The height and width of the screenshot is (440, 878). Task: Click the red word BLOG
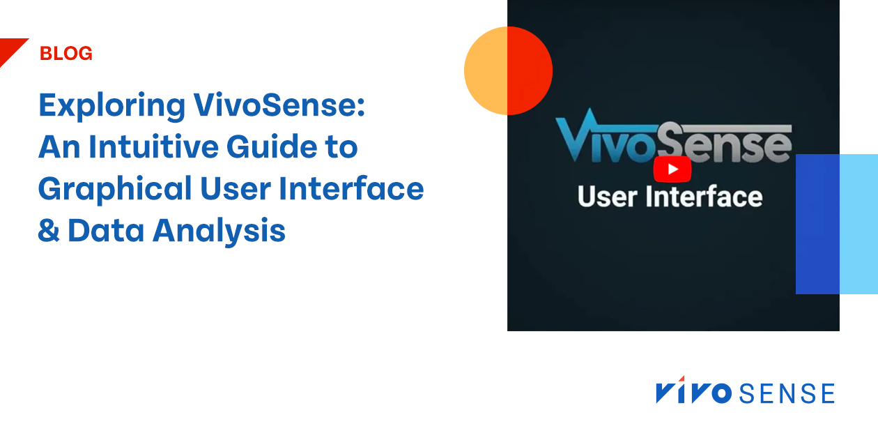coord(66,54)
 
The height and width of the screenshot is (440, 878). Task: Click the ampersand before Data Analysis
coord(49,231)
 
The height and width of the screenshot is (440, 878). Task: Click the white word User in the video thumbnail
coord(608,197)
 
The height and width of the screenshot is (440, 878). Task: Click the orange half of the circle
coord(486,70)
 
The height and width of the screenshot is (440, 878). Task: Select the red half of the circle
coord(530,70)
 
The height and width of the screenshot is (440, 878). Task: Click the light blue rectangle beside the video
coord(858,224)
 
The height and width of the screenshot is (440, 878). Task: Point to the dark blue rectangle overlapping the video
coord(817,224)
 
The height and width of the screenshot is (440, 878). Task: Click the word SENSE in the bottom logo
coord(787,394)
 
